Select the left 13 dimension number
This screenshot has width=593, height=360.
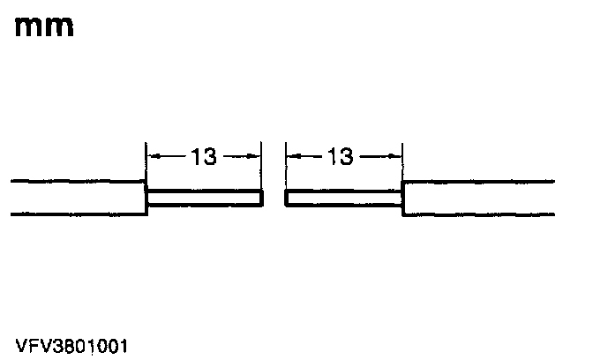click(203, 157)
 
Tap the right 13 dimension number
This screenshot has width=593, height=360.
click(340, 157)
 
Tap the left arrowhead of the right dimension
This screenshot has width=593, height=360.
click(291, 157)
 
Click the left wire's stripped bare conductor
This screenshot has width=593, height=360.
click(204, 198)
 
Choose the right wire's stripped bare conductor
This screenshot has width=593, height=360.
click(344, 198)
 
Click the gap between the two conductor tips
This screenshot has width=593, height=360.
click(274, 198)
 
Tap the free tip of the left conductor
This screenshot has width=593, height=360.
click(261, 198)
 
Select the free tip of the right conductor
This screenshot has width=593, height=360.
click(286, 198)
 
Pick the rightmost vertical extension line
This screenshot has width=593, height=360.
click(402, 159)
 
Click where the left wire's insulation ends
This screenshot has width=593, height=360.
click(146, 198)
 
